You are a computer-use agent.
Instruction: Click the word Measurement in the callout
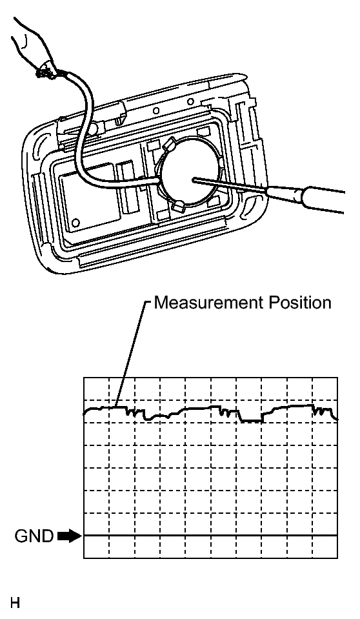coord(208,303)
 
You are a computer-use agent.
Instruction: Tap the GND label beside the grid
coord(34,536)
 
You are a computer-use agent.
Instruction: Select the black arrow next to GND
coord(68,536)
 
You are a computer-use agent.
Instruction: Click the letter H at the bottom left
coord(15,603)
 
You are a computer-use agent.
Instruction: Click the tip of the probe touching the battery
coord(193,179)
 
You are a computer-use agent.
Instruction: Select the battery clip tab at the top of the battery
coord(170,145)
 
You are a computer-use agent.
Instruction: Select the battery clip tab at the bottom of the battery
coord(179,205)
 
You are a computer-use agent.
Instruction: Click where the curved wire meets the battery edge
coord(159,181)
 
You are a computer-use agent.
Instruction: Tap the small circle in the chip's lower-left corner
coord(76,222)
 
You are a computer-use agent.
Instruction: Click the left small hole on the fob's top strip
coord(156,111)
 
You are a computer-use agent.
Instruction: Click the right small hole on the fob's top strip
coord(190,102)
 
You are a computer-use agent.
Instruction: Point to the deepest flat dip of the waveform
coord(251,421)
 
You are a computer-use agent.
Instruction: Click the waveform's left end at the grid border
coord(84,414)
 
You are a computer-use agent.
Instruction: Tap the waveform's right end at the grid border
coord(337,420)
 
